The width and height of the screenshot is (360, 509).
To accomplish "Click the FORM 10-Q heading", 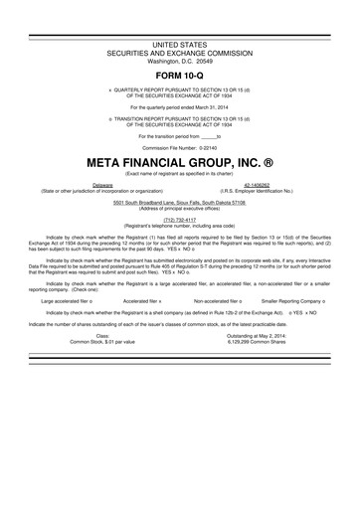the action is point(179,75).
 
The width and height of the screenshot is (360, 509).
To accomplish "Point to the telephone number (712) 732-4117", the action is point(179,221).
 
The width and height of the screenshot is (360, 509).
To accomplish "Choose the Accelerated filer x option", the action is point(142,297).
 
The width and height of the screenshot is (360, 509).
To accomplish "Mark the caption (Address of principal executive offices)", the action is point(179,209).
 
